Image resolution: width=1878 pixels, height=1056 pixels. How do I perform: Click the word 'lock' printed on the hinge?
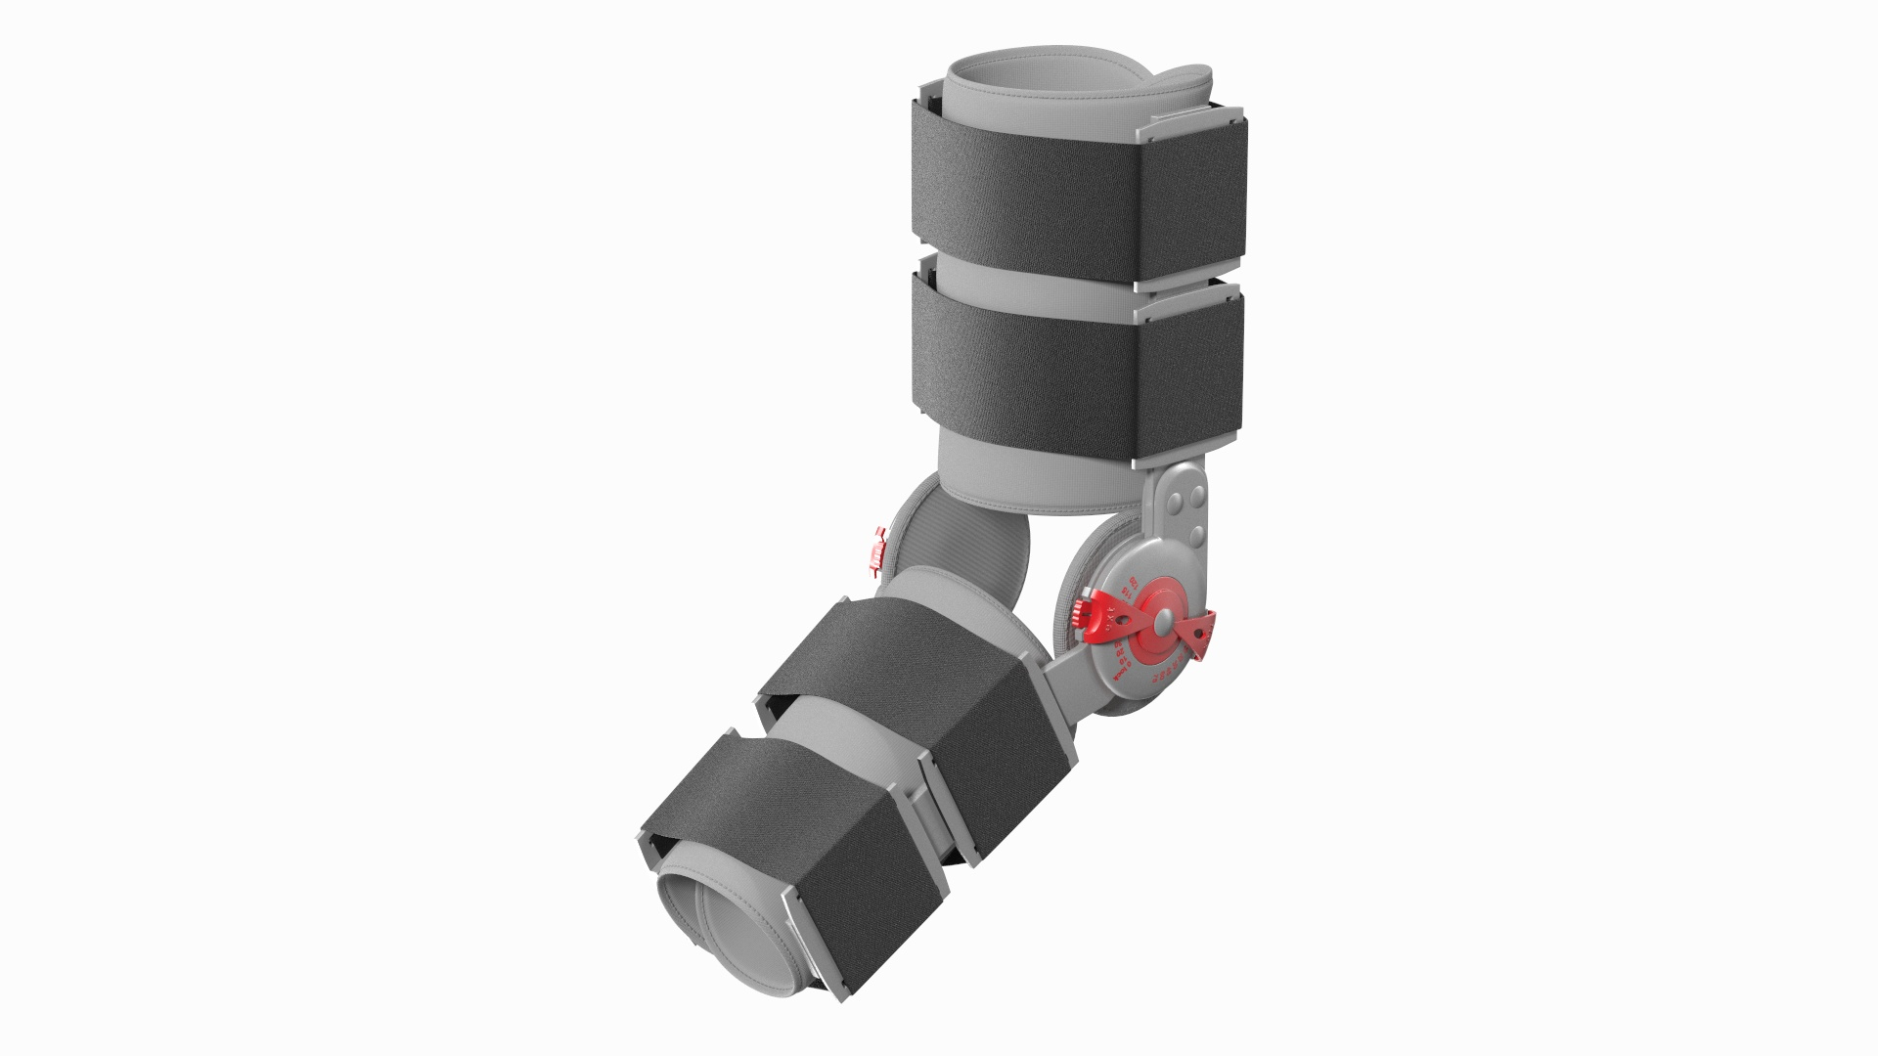pyautogui.click(x=1121, y=674)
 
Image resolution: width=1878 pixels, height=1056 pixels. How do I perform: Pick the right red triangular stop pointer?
pyautogui.click(x=1200, y=633)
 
